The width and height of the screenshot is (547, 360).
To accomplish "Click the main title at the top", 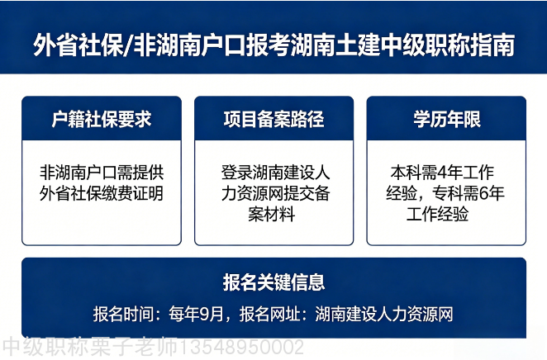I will click(273, 43).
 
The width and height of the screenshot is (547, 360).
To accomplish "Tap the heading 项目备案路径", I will click(273, 118).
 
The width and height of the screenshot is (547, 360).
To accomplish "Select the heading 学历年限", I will click(447, 118).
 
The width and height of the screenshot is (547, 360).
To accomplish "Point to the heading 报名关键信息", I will click(273, 282).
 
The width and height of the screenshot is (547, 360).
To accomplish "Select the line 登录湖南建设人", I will click(274, 173).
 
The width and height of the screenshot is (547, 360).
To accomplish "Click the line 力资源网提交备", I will click(274, 194).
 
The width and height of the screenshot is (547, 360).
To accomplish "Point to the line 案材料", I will click(273, 215).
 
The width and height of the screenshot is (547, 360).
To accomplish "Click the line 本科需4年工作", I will click(447, 173).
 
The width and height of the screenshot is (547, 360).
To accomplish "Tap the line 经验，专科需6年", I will click(447, 194).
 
